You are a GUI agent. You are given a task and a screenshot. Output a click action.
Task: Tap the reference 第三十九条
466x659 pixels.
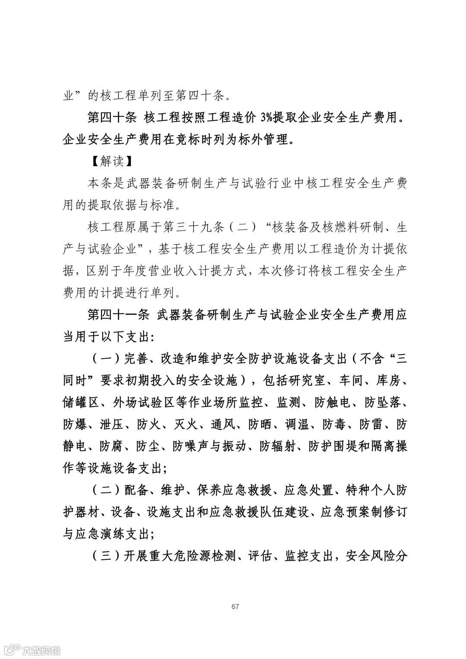click(199, 227)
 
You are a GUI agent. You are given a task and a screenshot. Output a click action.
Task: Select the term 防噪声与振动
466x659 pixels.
click(210, 446)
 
